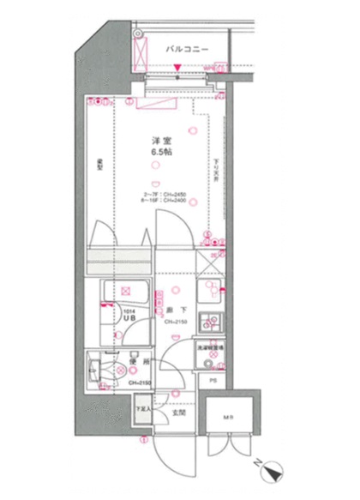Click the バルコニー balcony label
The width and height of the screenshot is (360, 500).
point(187,50)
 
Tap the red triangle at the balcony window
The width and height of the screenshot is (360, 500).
point(177,80)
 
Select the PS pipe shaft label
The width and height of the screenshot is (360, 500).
point(212,379)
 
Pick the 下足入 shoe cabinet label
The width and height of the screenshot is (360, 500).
point(142,408)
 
